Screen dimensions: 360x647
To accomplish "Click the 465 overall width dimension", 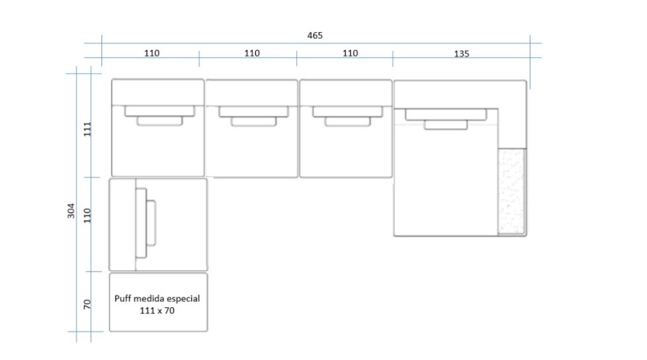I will click(315, 35).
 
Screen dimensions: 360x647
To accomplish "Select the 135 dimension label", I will click(461, 54).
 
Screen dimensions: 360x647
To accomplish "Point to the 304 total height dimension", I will click(71, 211).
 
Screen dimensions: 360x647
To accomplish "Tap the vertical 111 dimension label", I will click(87, 129).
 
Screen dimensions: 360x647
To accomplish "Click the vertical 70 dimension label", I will click(87, 304).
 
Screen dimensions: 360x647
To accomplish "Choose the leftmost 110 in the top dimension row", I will click(152, 53).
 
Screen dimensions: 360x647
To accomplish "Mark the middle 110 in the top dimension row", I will click(251, 53).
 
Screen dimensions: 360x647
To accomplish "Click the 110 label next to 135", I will click(350, 53).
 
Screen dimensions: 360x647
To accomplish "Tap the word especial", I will click(185, 299).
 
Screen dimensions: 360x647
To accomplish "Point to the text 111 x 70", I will click(157, 310).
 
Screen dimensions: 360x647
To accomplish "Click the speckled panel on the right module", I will click(512, 191).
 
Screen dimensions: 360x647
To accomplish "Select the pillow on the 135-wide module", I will click(446, 119).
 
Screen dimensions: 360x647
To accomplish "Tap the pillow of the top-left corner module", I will click(159, 115).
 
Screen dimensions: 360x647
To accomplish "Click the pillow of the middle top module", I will click(253, 116).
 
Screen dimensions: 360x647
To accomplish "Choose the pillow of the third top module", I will click(346, 116).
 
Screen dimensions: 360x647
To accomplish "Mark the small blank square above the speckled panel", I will click(512, 128).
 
